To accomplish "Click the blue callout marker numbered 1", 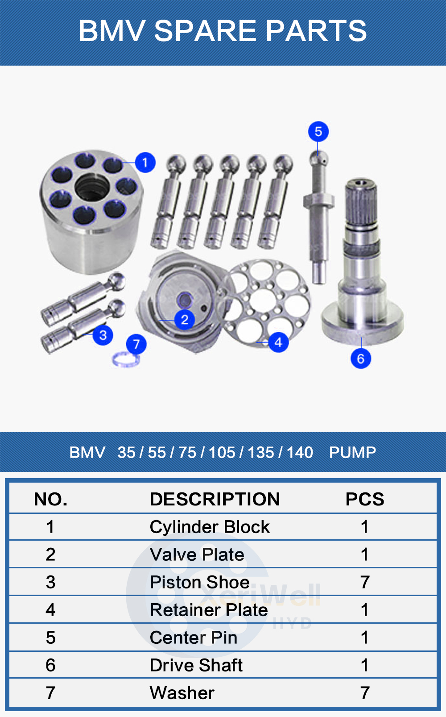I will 145,163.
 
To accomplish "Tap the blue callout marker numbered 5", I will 318,132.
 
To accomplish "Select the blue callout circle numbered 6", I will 361,358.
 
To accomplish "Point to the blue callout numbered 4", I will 278,342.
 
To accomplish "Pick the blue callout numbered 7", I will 136,344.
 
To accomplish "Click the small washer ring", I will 124,359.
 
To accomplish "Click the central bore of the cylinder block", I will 92,187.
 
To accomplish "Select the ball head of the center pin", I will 318,157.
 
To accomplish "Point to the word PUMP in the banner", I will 352,452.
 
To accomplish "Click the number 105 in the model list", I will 222,452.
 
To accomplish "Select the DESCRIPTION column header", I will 215,499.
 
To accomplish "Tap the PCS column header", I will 364,499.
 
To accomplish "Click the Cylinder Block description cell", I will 210,527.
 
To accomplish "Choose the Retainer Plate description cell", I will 209,610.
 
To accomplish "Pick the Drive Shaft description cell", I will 196,665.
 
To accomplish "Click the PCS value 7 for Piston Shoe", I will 364,582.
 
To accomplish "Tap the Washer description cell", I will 182,693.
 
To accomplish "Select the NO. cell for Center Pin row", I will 50,638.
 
